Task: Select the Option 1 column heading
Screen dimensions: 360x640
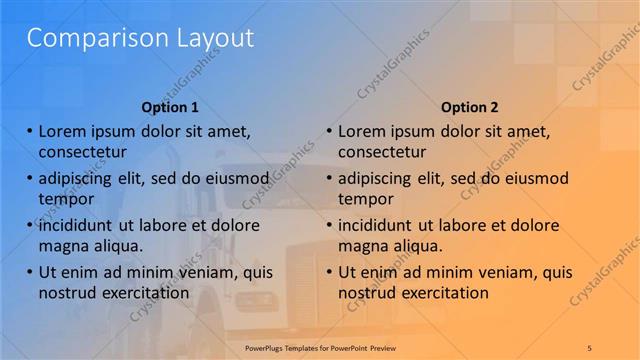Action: click(x=170, y=107)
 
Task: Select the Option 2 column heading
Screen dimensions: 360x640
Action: click(x=469, y=107)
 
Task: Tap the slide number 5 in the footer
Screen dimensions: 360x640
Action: click(x=590, y=346)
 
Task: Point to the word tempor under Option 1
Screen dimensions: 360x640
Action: click(x=65, y=198)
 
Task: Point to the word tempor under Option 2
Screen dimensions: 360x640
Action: click(x=365, y=198)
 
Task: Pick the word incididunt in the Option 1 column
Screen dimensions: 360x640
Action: click(x=80, y=225)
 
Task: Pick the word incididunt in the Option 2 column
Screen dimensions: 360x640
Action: click(x=380, y=225)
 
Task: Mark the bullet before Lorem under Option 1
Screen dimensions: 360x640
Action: click(x=29, y=131)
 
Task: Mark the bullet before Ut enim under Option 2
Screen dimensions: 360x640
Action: click(x=329, y=271)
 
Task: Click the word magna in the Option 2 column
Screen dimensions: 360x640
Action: click(x=362, y=245)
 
